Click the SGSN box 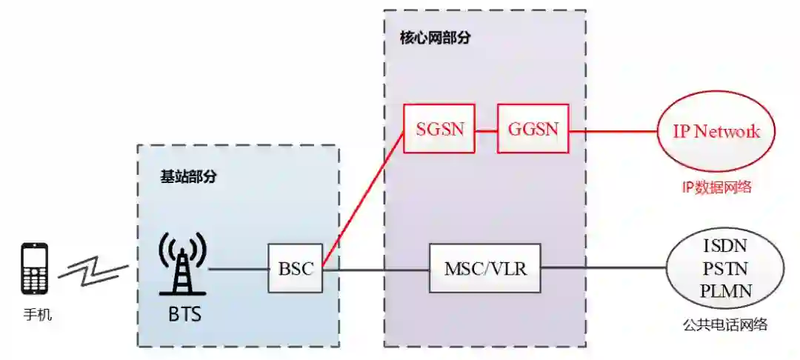click(439, 129)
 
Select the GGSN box click(533, 129)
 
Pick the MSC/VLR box click(486, 268)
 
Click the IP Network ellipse click(716, 132)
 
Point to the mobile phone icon click(35, 268)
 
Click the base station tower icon click(179, 265)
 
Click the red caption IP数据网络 click(716, 187)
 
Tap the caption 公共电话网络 click(725, 324)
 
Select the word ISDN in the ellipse click(725, 246)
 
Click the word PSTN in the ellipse click(725, 268)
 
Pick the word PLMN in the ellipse click(725, 290)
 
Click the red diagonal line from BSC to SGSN click(363, 200)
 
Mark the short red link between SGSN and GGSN click(486, 130)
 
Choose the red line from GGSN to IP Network click(613, 131)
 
